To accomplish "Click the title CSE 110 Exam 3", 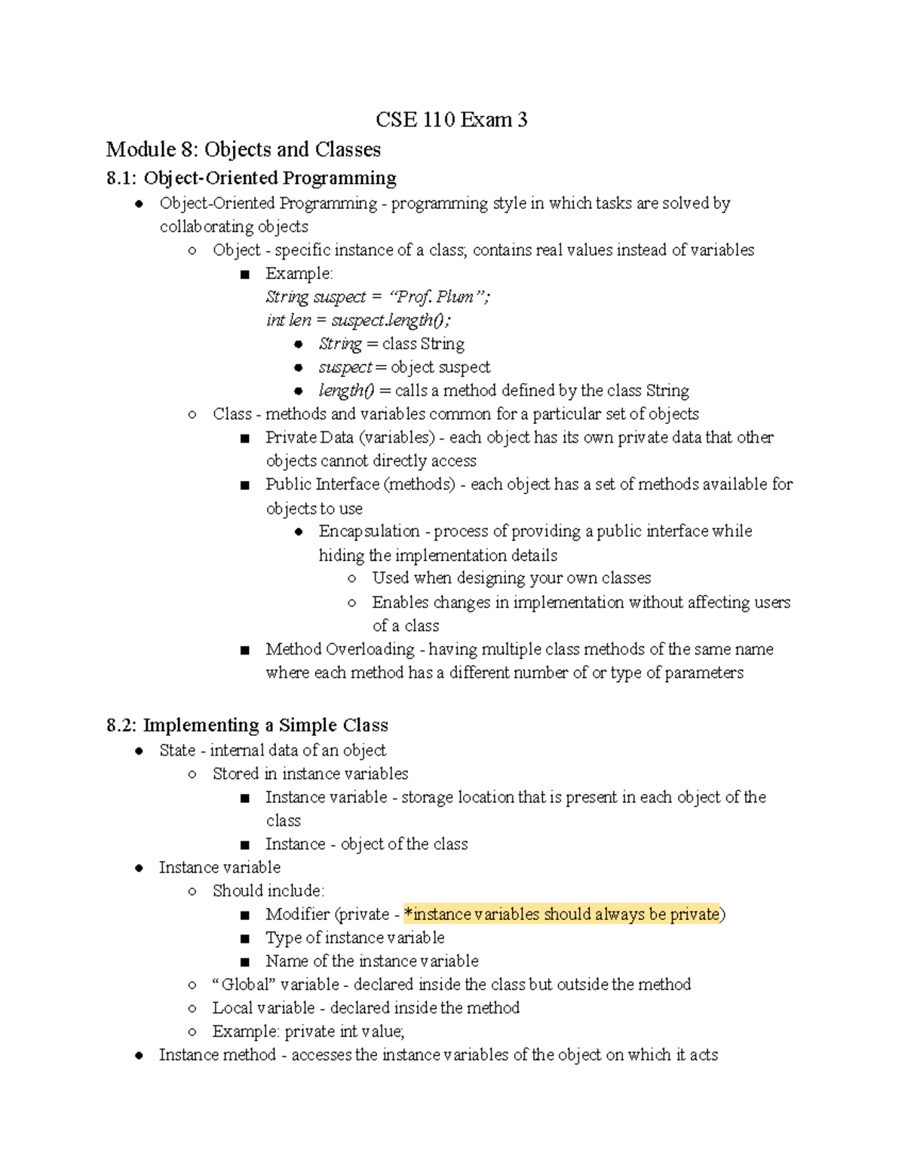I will coord(452,120).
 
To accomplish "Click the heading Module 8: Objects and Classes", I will coord(243,149).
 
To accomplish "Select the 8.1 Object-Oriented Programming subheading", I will coord(251,178).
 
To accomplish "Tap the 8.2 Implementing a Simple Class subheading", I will coord(247,725).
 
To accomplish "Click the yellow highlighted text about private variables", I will coord(562,914).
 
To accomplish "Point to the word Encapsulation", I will coord(369,531).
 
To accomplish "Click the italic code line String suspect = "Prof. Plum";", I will coord(377,296).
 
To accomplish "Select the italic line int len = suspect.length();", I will coord(358,320).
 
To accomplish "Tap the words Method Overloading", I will coord(339,649).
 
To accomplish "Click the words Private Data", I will coord(309,437).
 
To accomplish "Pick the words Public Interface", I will coord(322,484).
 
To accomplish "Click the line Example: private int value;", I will coord(308,1031).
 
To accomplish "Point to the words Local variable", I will coord(263,1007).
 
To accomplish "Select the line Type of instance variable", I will coord(354,937).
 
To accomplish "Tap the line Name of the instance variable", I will coord(372,961).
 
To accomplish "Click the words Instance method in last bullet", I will coord(217,1054).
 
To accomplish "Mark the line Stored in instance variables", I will coord(310,774).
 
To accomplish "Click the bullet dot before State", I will coord(139,751).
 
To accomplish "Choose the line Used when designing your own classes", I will coord(511,578).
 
